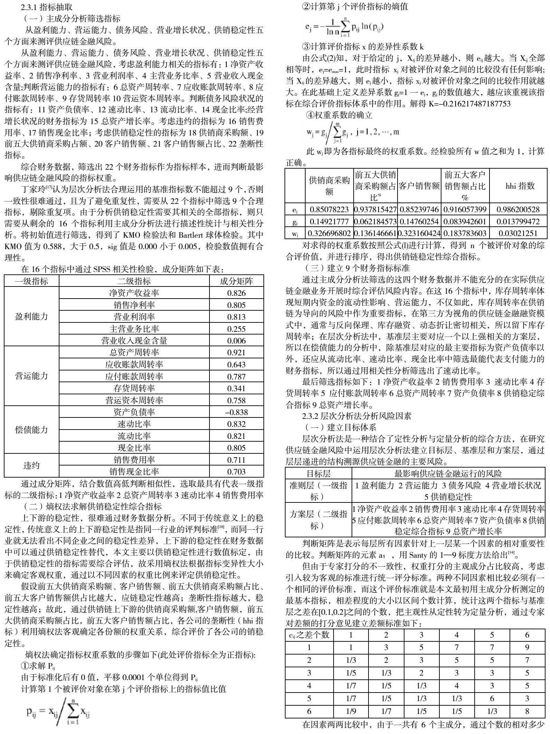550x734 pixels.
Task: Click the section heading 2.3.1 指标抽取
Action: coord(46,7)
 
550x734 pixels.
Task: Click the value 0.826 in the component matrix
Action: coord(236,293)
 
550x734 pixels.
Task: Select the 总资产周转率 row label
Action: coord(134,352)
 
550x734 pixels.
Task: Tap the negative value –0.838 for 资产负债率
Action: coord(236,412)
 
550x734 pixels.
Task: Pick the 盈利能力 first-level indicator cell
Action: coord(31,317)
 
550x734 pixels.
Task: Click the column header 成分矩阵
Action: coord(236,281)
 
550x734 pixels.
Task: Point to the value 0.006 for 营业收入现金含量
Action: coord(236,341)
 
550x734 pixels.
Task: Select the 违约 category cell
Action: coord(31,465)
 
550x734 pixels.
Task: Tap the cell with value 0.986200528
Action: coord(518,209)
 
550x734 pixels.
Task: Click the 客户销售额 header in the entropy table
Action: coord(419,186)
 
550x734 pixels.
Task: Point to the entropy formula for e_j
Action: coord(344,27)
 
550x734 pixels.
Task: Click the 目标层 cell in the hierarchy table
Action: coord(318,473)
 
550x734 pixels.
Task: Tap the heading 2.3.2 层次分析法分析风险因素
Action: coord(356,416)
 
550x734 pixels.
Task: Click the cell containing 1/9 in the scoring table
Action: coord(351,711)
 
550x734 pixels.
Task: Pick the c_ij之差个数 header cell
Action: coord(309,634)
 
